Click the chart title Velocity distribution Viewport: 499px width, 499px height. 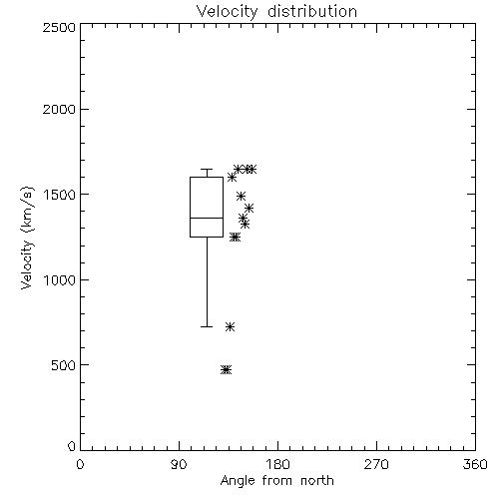[276, 12]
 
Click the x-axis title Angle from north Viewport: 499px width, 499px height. [276, 481]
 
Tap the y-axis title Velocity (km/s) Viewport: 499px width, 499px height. [27, 238]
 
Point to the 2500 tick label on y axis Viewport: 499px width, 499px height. [59, 27]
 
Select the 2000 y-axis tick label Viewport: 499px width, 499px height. [59, 109]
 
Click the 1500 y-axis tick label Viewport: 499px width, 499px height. [60, 195]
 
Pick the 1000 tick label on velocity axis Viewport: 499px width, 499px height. [60, 280]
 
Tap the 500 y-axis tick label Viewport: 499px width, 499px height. [64, 365]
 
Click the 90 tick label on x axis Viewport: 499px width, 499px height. [179, 464]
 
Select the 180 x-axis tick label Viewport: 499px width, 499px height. [277, 464]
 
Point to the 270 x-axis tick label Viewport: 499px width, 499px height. [376, 464]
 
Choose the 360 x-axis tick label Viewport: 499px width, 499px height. [475, 464]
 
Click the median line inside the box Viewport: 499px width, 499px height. [207, 218]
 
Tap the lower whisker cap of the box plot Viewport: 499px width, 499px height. [207, 326]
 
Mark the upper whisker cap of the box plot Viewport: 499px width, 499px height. [207, 169]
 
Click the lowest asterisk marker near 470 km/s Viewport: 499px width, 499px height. [226, 369]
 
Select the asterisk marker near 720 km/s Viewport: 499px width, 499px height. [230, 326]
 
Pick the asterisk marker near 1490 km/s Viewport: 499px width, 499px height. [241, 196]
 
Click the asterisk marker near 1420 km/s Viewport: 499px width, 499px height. [249, 209]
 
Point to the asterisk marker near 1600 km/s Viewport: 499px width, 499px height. [232, 178]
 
